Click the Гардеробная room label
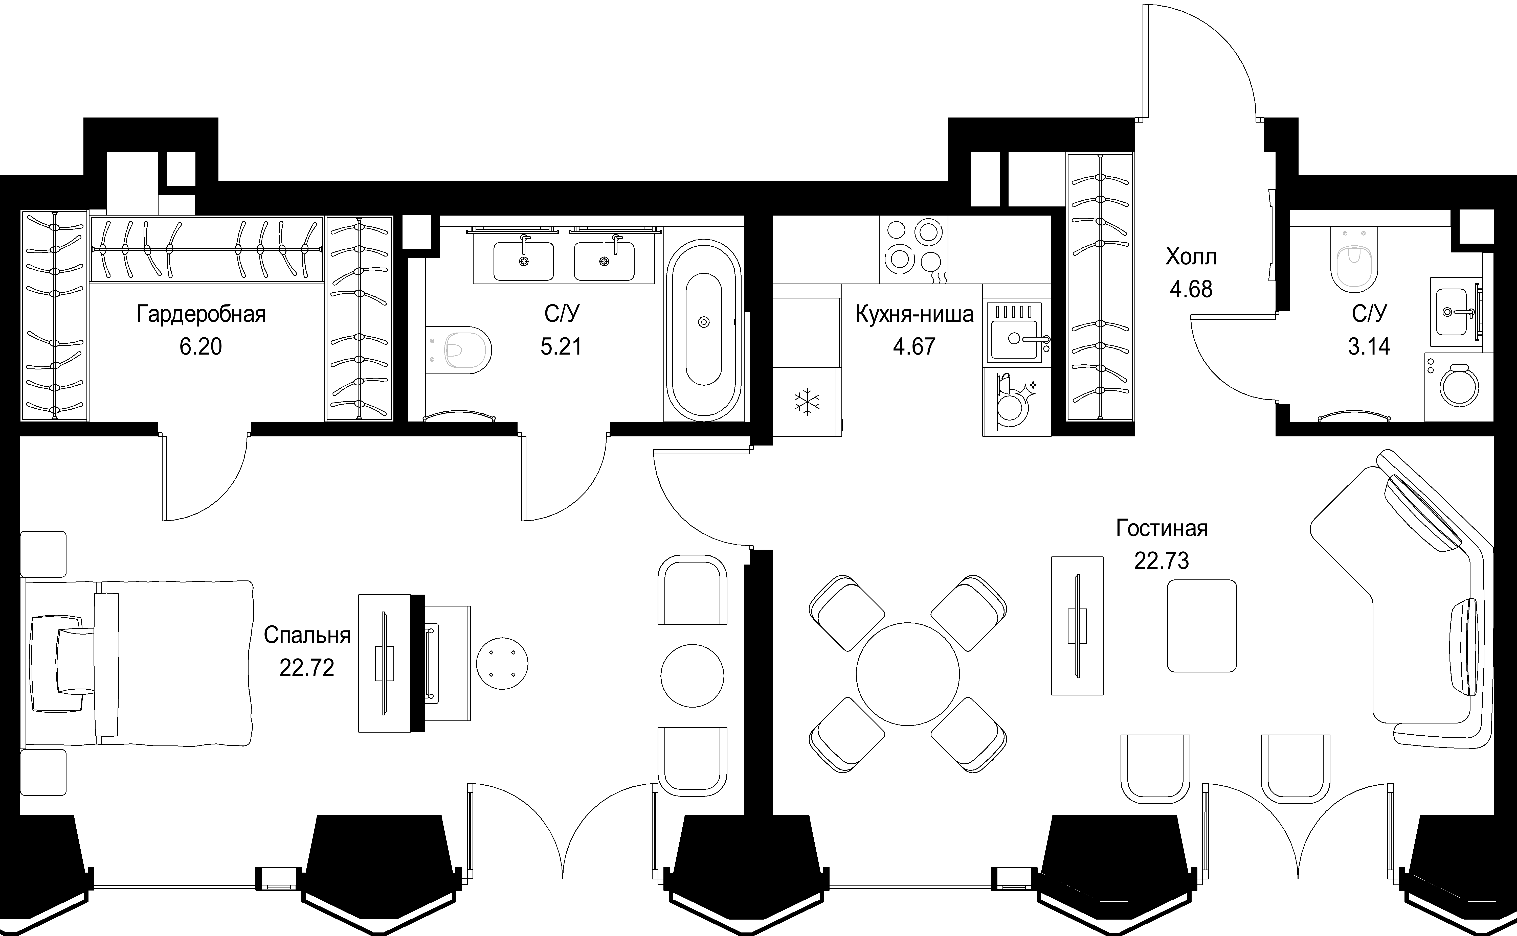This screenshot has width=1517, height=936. [x=201, y=314]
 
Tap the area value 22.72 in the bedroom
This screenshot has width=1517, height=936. [x=307, y=667]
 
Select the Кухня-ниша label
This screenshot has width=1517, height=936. [x=914, y=314]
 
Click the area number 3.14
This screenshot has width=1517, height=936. [x=1369, y=347]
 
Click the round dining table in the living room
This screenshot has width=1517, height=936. [x=908, y=673]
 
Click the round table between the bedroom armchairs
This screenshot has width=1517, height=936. [x=692, y=675]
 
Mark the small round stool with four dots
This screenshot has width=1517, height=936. [x=502, y=664]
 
